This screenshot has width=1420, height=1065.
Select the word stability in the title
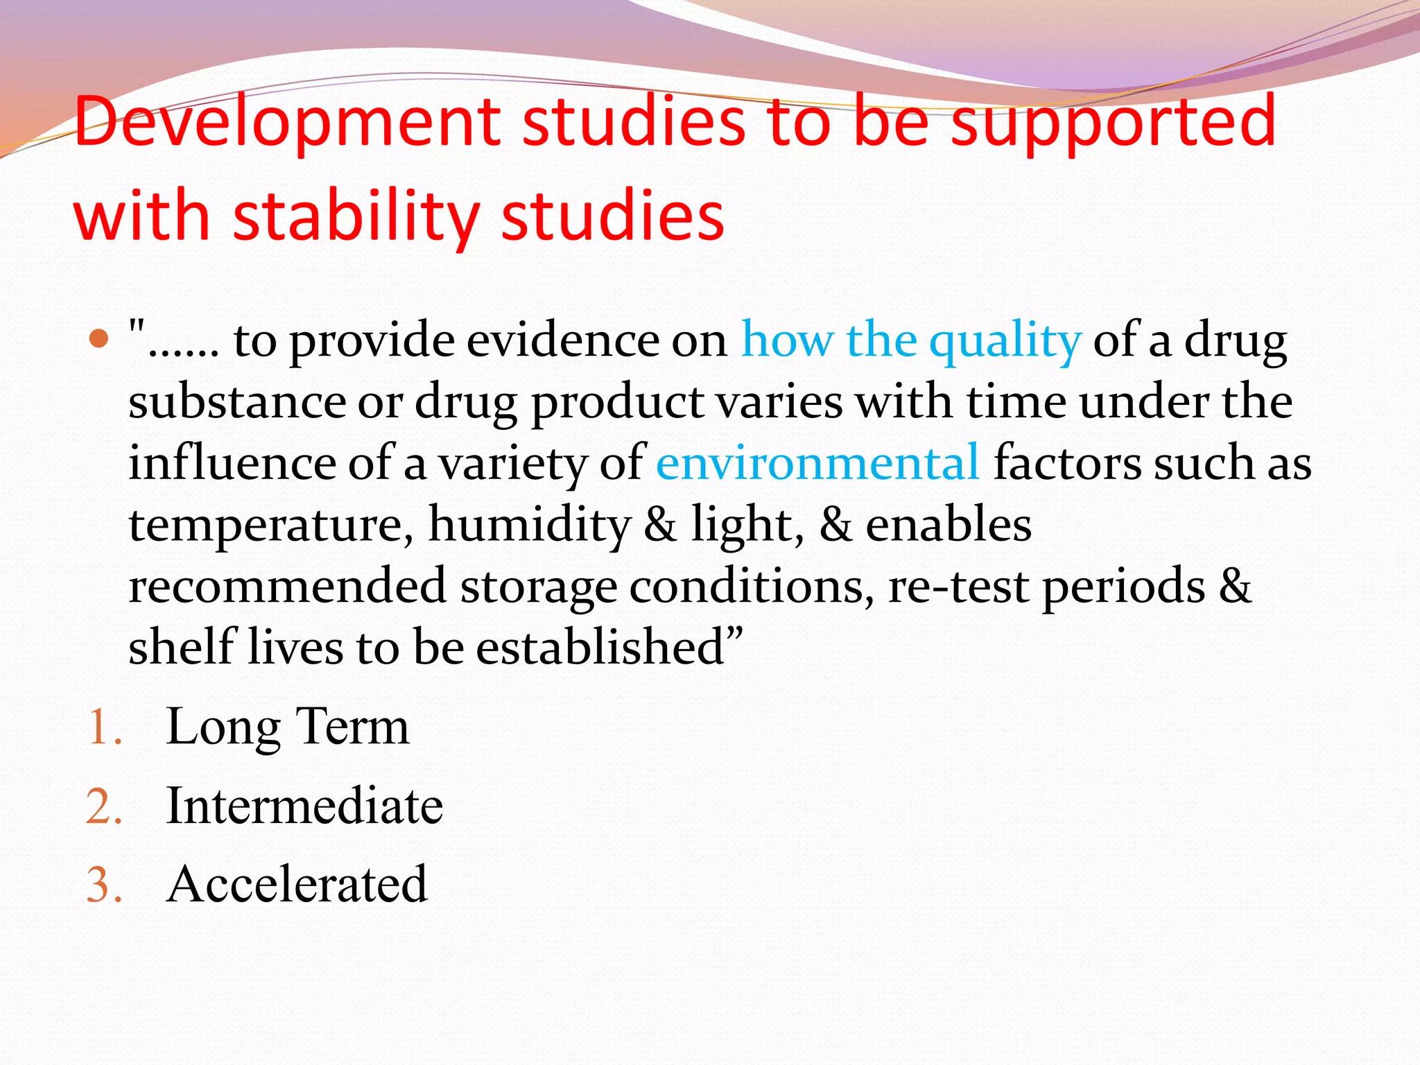[356, 218]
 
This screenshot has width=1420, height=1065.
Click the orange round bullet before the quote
[100, 339]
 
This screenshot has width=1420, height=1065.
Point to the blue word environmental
[817, 463]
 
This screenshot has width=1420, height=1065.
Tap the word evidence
[596, 340]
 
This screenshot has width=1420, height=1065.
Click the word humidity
[530, 525]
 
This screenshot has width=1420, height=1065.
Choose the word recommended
[287, 586]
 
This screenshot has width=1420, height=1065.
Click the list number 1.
[104, 729]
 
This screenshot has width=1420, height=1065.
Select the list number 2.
[104, 808]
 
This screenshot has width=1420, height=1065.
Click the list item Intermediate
[304, 806]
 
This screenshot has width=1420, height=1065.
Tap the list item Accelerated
[297, 885]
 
